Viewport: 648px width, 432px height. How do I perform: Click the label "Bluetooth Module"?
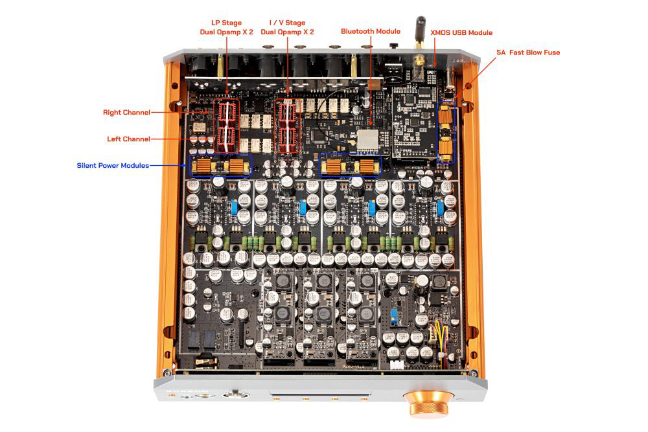pos(371,31)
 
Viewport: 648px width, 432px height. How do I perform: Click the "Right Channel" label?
pos(126,113)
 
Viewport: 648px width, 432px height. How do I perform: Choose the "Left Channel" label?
pos(128,139)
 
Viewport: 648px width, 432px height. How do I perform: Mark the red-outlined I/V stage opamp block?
pos(286,126)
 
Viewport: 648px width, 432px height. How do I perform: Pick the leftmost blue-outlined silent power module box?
pos(220,166)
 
